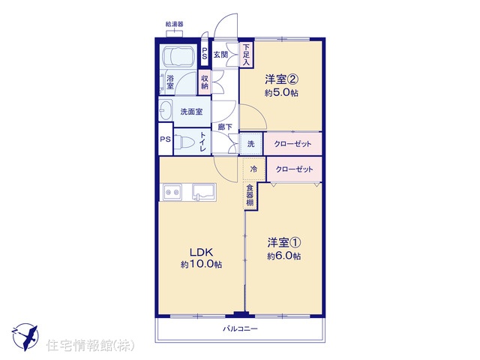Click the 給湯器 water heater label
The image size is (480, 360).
click(x=174, y=24)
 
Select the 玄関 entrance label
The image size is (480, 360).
click(x=220, y=55)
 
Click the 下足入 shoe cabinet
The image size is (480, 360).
click(x=247, y=55)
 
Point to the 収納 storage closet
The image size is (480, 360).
click(x=205, y=82)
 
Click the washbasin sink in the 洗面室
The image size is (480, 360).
click(x=166, y=111)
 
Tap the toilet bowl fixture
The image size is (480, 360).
click(x=187, y=142)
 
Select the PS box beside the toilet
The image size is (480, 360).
click(x=166, y=139)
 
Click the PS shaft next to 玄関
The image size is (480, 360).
click(x=204, y=53)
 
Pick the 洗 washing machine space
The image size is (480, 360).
click(x=251, y=143)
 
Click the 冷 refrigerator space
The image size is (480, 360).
click(x=253, y=169)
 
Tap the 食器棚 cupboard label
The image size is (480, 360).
click(x=250, y=195)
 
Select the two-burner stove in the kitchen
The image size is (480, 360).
click(x=172, y=192)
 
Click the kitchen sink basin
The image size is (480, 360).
click(x=204, y=192)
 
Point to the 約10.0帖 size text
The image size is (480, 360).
click(x=202, y=264)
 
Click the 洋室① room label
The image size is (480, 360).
click(x=283, y=243)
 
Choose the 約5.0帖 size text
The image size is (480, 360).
click(x=281, y=92)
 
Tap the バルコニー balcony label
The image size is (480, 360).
click(x=240, y=329)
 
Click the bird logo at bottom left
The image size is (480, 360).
click(x=25, y=337)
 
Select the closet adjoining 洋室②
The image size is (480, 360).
click(x=292, y=143)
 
